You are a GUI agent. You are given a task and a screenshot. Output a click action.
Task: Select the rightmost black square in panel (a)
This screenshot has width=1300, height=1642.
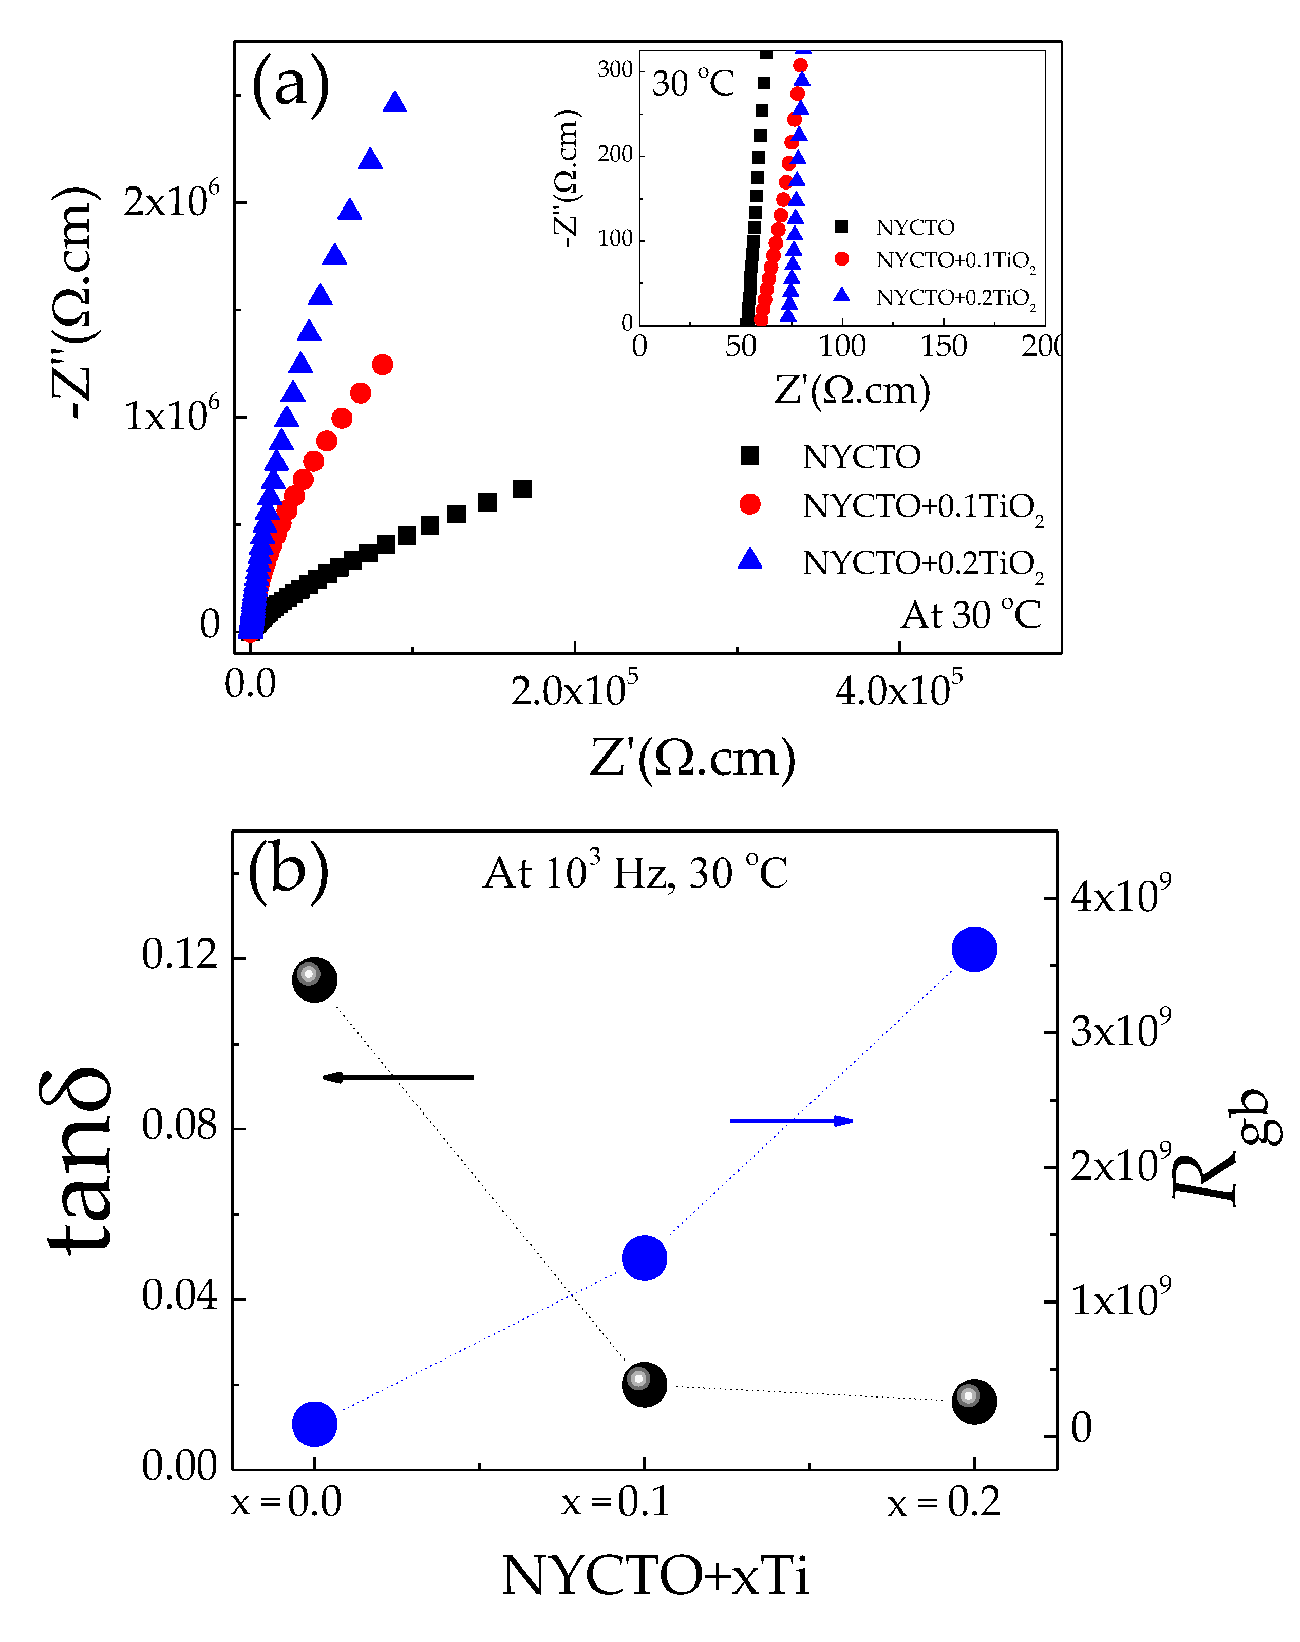(522, 488)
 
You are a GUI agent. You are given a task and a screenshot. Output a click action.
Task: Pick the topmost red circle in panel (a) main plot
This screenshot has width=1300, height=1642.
(383, 365)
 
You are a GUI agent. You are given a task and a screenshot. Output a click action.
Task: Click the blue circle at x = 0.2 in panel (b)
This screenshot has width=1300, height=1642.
(974, 949)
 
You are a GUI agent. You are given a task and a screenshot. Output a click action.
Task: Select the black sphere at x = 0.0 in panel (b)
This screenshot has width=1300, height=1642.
(314, 980)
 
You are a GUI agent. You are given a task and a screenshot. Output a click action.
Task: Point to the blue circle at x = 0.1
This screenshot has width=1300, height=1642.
(645, 1258)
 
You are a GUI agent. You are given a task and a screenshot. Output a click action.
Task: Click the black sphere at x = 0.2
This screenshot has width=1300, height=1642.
(974, 1401)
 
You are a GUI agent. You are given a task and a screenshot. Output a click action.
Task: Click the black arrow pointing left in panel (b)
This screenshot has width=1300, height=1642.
(398, 1077)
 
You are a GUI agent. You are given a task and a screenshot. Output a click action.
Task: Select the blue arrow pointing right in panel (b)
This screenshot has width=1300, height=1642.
(792, 1120)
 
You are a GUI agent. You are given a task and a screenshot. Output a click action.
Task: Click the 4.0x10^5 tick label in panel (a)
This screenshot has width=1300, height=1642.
(898, 689)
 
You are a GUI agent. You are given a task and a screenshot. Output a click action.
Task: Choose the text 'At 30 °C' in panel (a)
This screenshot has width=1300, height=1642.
(970, 615)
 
